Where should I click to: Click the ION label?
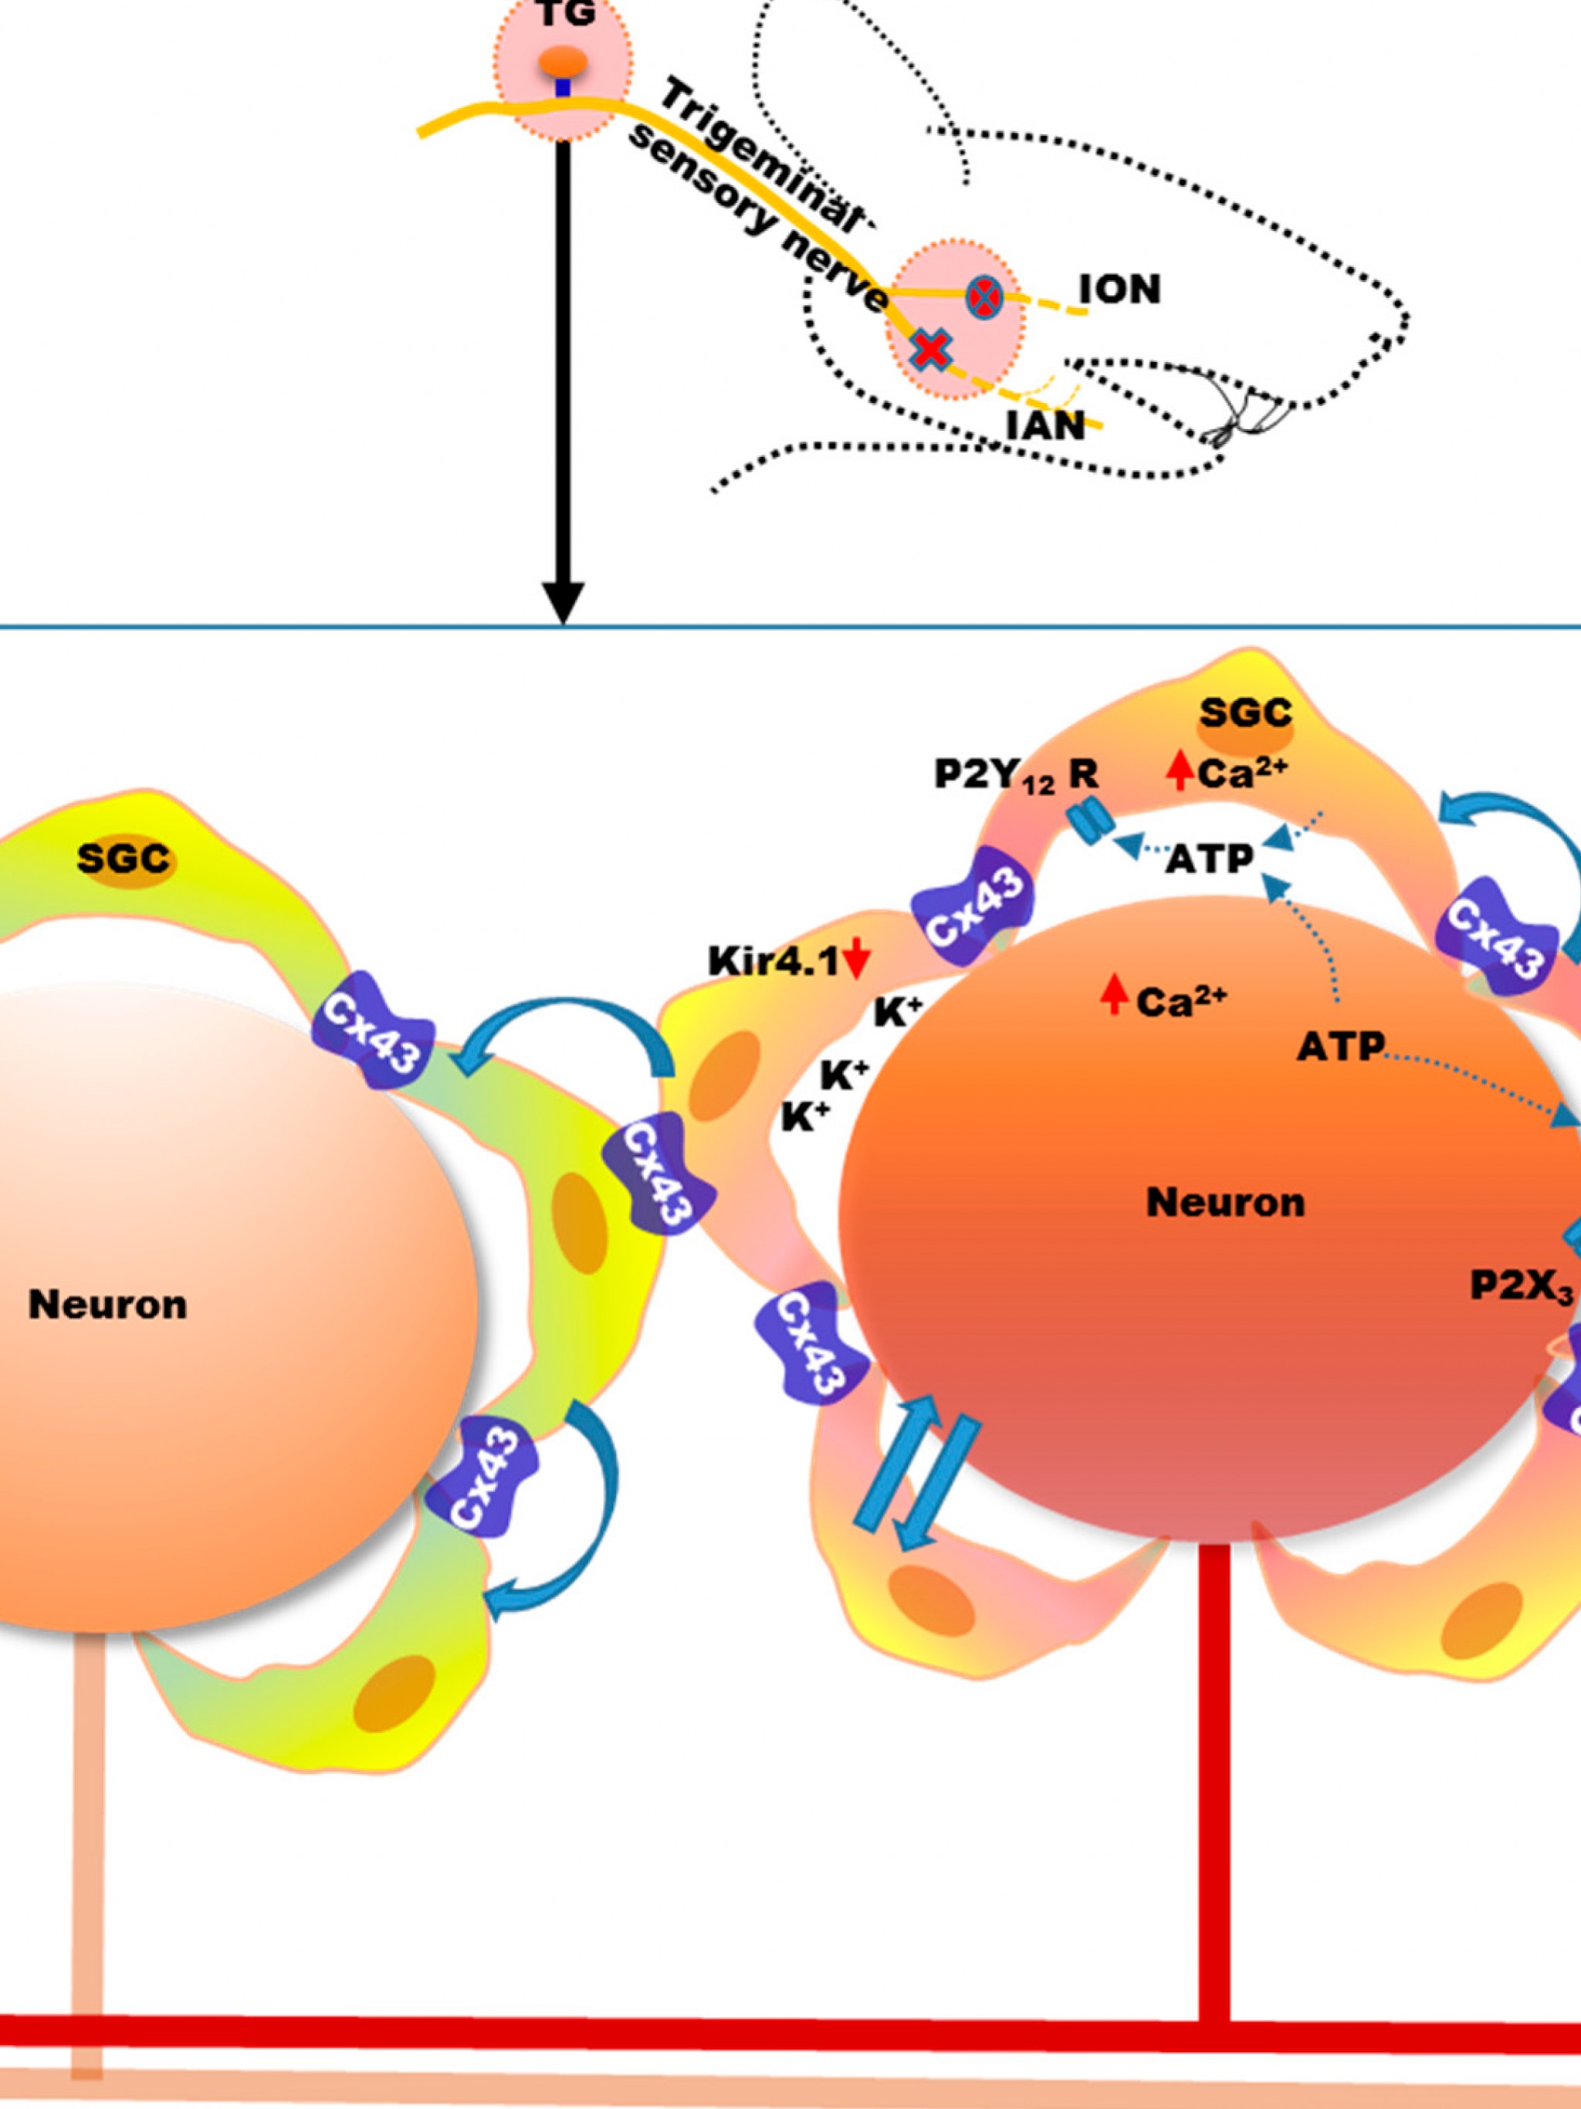pos(1119,289)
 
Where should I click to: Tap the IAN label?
pos(1046,425)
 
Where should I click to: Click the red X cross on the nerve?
pos(931,350)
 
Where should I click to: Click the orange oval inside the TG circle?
pos(564,62)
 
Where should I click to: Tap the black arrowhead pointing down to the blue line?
pos(564,603)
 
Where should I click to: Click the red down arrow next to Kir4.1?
pos(856,959)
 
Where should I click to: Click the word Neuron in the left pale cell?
pos(108,1305)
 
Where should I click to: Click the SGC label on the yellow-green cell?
pos(124,859)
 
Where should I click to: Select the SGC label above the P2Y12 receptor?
pos(1245,713)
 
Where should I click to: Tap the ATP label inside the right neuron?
pos(1339,1048)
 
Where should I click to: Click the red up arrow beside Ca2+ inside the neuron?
pos(1113,995)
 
